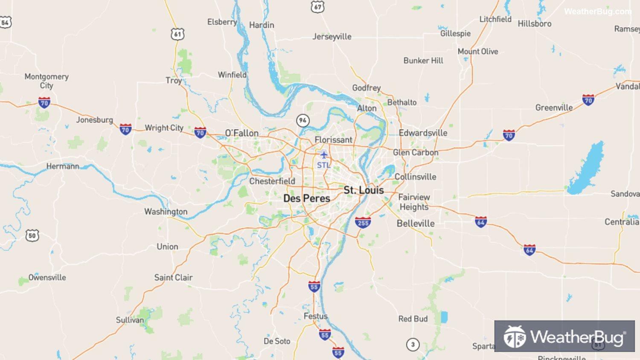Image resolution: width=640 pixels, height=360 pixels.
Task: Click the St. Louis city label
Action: [x=364, y=190]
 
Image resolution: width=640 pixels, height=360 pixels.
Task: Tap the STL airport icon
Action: [x=323, y=154]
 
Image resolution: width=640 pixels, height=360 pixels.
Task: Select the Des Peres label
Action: [x=306, y=198]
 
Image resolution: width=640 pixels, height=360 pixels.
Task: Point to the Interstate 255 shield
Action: [x=363, y=222]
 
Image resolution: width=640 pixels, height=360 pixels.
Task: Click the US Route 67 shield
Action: [x=317, y=7]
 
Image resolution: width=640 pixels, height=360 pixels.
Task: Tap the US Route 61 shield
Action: [x=177, y=34]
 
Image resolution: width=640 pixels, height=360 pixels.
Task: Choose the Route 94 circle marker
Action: [x=303, y=120]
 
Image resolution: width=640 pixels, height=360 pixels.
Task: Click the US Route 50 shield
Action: [x=32, y=235]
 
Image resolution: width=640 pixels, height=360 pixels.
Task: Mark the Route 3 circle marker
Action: [x=413, y=344]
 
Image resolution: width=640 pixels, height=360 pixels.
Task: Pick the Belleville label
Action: [x=416, y=224]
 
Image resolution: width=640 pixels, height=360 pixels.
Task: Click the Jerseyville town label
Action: [x=332, y=37]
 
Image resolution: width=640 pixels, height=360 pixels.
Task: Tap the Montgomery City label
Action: [x=47, y=81]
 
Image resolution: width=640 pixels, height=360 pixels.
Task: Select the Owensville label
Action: [x=47, y=278]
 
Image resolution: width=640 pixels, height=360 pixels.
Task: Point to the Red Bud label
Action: [x=413, y=319]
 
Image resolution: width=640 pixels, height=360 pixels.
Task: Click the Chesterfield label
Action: [x=272, y=181]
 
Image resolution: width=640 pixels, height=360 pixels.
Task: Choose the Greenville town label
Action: [x=554, y=107]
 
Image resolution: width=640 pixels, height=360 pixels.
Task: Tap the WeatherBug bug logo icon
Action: [x=514, y=337]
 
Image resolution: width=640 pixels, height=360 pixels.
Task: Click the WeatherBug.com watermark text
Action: [x=597, y=12]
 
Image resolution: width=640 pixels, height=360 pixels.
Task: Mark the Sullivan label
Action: [x=130, y=320]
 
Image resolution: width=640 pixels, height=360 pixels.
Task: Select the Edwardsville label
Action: [x=423, y=133]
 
